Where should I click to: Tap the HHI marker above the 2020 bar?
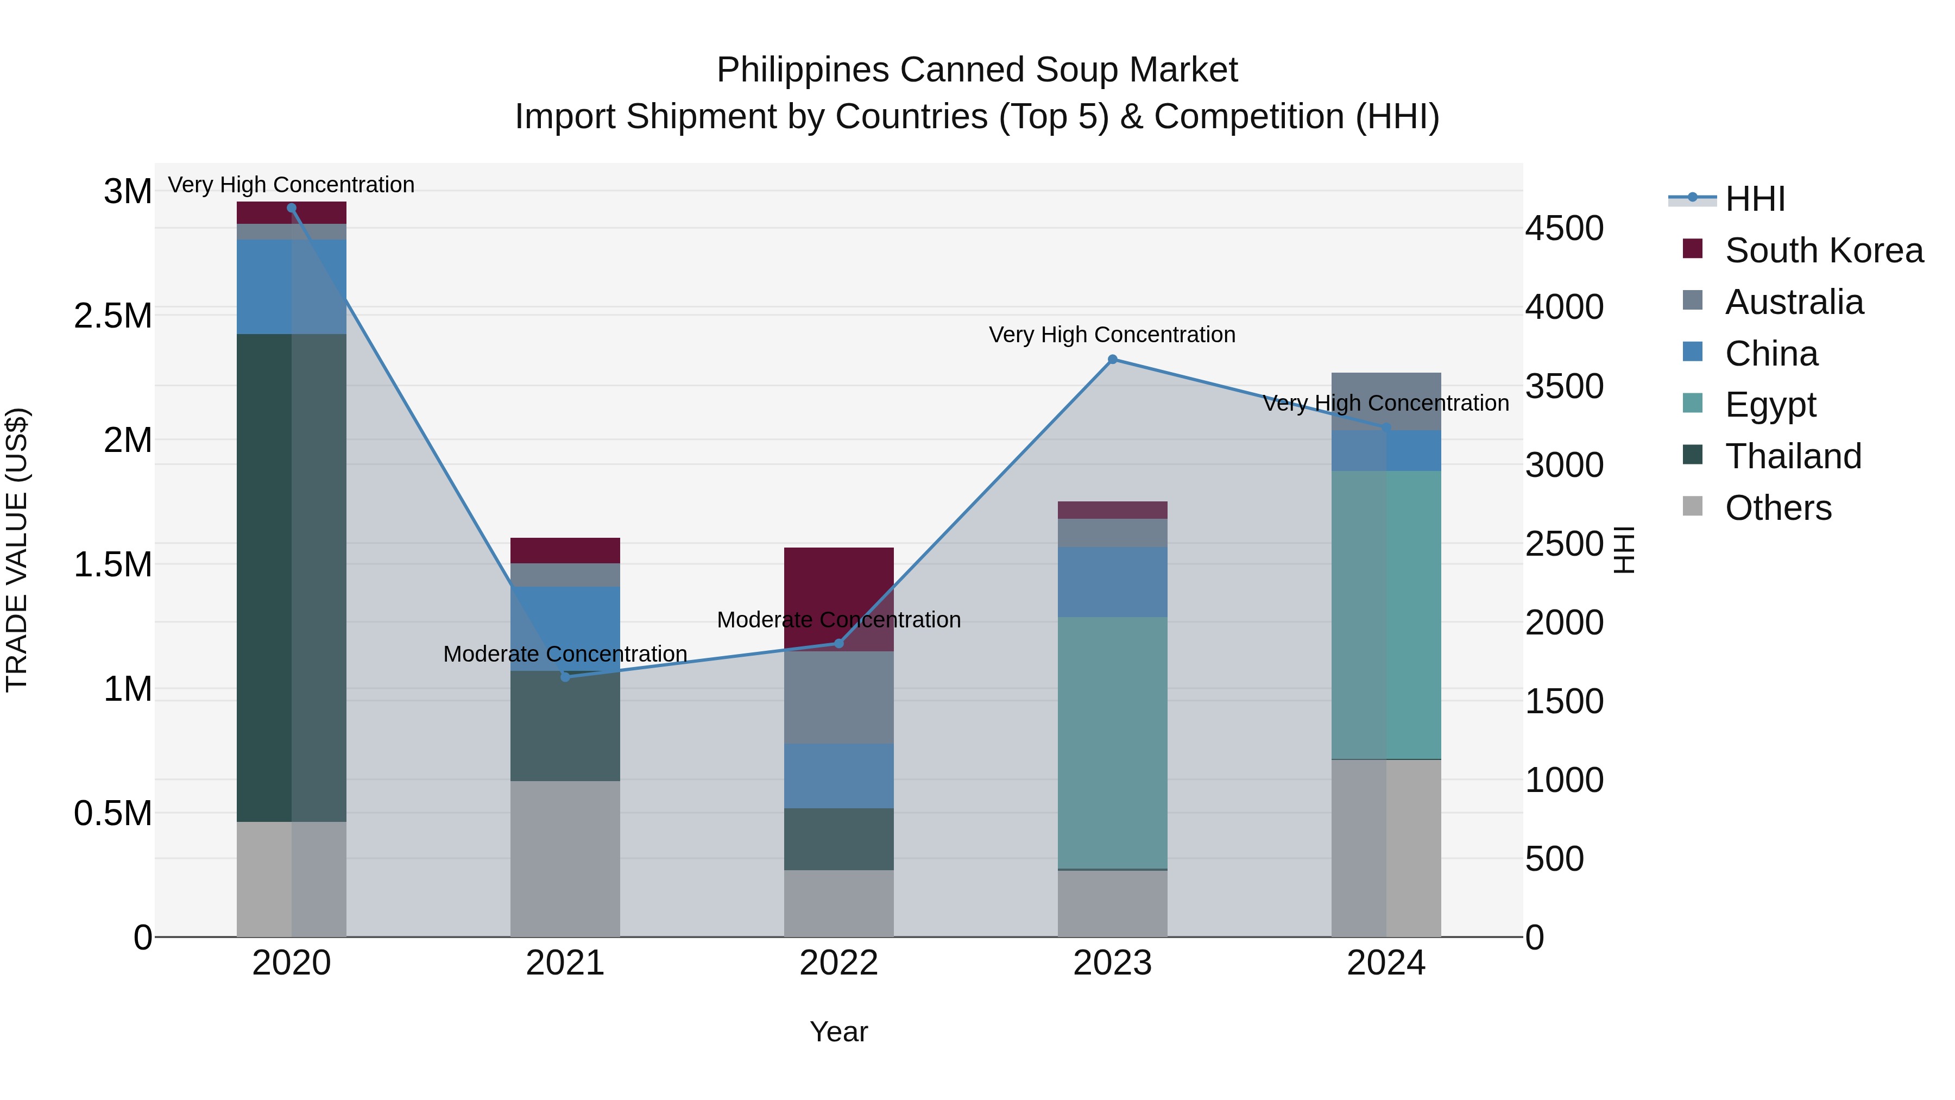(x=292, y=208)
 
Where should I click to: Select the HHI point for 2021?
(x=565, y=676)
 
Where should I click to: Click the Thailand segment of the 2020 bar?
(x=292, y=577)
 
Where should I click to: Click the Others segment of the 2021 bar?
(x=565, y=858)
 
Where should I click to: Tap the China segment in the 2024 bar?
(x=1386, y=450)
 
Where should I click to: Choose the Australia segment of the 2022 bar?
(x=838, y=697)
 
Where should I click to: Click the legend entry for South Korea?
(x=1824, y=250)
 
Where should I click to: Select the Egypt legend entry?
(x=1770, y=405)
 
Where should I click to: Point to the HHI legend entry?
(x=1755, y=199)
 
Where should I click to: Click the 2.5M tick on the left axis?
(x=113, y=316)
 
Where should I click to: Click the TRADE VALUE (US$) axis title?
(x=17, y=550)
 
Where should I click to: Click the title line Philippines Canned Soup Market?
(x=977, y=70)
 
